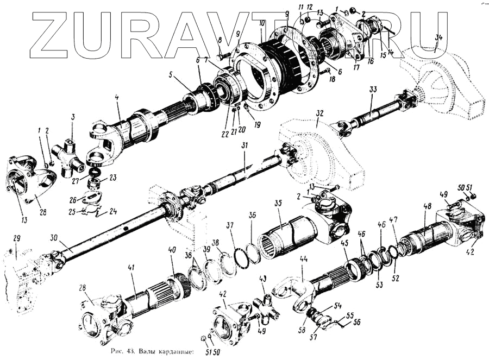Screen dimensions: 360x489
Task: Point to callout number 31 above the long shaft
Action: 244,146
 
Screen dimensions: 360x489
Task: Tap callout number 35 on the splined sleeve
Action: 278,204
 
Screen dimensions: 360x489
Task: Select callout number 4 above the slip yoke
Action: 116,99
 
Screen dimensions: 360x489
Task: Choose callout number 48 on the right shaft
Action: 427,206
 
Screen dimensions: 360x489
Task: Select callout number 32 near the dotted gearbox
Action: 319,113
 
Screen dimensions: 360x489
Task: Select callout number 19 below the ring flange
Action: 256,124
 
